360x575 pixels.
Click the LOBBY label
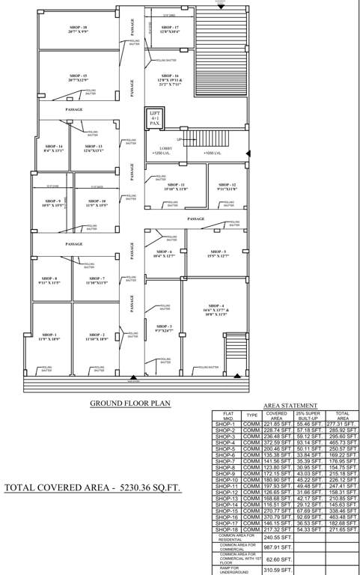tap(165, 148)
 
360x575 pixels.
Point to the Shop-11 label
tap(176, 186)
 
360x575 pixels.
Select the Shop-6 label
tap(165, 253)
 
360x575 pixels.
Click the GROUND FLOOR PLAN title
tap(130, 404)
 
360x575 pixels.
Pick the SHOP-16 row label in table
tap(226, 516)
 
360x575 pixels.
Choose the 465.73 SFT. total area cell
tap(343, 443)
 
